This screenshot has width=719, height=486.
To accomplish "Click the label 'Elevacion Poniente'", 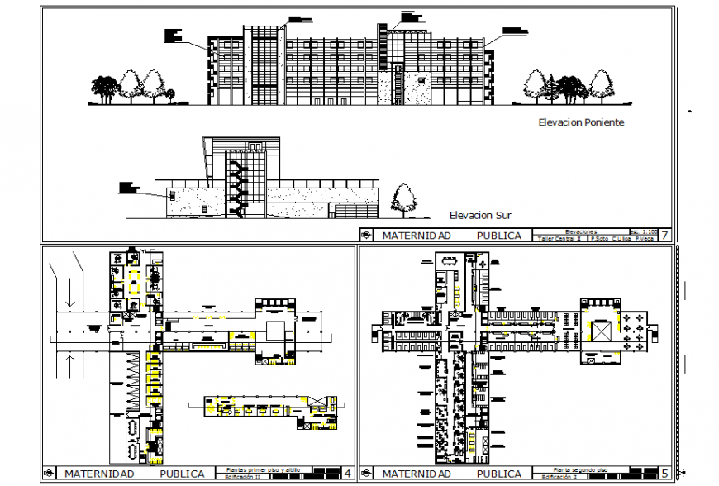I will (x=580, y=123).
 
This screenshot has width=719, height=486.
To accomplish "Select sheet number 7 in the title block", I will (x=664, y=236).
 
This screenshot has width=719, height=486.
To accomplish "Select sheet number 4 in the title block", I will (x=347, y=474).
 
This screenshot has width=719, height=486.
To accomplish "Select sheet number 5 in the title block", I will (x=665, y=474).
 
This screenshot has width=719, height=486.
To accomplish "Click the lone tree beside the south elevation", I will (x=405, y=200).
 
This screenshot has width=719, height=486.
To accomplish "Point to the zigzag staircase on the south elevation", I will (x=239, y=188).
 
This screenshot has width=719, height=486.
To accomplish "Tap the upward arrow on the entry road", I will (x=72, y=364).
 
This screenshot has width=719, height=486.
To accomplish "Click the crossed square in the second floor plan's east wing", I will (x=602, y=331).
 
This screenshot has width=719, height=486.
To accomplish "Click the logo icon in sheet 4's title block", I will (x=49, y=474).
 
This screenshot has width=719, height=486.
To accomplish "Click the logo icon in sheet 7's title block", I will (x=367, y=236).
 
